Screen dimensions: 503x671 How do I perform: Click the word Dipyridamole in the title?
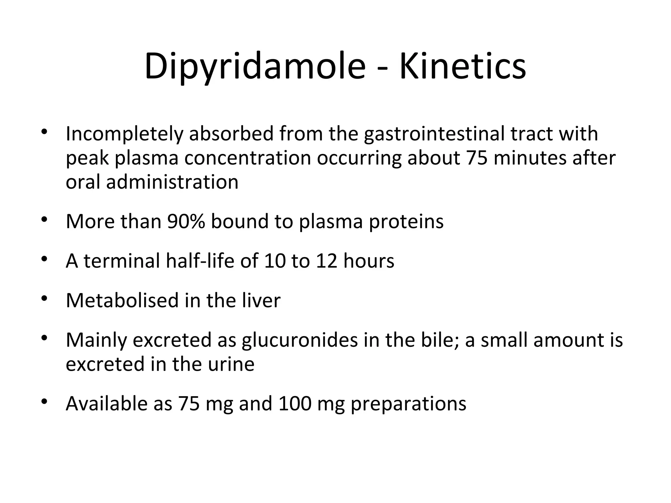point(255,66)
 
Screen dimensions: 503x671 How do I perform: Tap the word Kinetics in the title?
point(463,66)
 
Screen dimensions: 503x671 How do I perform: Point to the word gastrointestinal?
point(434,134)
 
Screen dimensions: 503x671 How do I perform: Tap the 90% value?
point(186,221)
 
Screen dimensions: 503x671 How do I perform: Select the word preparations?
point(408,404)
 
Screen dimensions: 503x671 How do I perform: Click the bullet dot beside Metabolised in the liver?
point(45,298)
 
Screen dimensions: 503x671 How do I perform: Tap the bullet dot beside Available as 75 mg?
point(45,401)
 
